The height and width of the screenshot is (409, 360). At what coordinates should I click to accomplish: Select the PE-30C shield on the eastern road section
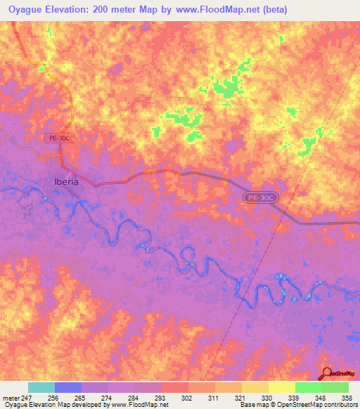pyautogui.click(x=261, y=199)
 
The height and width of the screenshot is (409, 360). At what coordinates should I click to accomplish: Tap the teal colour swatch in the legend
pyautogui.click(x=41, y=387)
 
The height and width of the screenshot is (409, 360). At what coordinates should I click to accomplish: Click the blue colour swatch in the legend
pyautogui.click(x=68, y=387)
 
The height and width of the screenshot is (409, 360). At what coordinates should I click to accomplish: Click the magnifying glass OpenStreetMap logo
pyautogui.click(x=327, y=373)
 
